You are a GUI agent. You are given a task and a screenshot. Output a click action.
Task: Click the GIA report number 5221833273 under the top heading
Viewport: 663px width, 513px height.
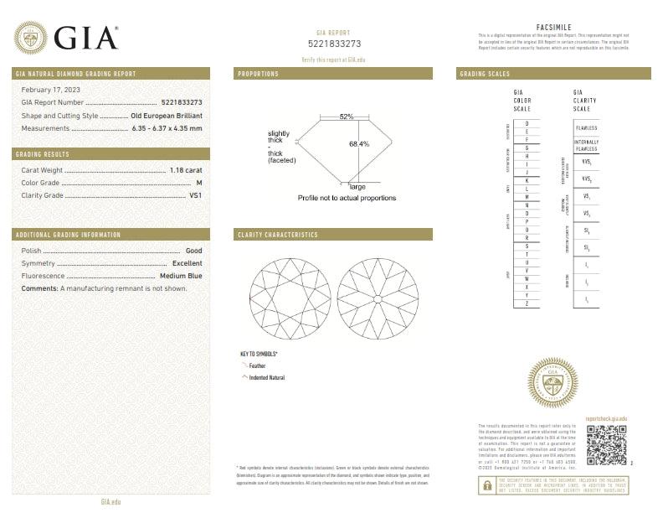click(x=335, y=43)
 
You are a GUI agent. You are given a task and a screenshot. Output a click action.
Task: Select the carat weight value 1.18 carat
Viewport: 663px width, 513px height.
click(x=186, y=169)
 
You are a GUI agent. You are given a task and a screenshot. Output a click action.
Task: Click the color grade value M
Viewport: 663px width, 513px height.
click(x=199, y=182)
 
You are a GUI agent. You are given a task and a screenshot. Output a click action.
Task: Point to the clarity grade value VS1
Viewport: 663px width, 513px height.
click(x=196, y=195)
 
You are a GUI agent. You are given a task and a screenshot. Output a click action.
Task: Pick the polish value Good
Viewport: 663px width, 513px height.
click(x=193, y=251)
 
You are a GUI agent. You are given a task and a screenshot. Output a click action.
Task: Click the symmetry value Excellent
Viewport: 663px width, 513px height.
click(x=187, y=263)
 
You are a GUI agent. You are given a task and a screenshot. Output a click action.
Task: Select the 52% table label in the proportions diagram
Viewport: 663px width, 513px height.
click(x=347, y=117)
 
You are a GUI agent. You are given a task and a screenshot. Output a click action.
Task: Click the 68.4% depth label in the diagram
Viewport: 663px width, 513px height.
click(x=358, y=143)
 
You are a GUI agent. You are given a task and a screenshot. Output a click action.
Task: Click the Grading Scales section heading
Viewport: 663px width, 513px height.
click(x=485, y=75)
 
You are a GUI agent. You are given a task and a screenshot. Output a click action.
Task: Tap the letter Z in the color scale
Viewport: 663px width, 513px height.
click(x=527, y=303)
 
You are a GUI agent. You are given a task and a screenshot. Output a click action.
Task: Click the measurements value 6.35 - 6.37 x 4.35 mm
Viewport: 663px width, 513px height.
click(x=167, y=128)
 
